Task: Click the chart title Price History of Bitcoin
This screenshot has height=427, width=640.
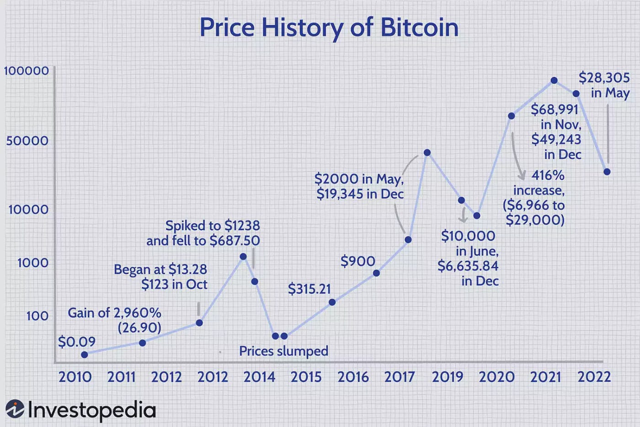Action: coord(329,27)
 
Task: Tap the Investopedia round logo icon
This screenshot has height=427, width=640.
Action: coord(15,409)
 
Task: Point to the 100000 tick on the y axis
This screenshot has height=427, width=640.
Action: coord(27,71)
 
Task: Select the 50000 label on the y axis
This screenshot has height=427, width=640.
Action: coord(27,141)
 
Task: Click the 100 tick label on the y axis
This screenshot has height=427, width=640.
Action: coord(37,316)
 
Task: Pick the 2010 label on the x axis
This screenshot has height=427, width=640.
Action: coord(75,377)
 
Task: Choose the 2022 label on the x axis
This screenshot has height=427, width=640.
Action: coord(594,377)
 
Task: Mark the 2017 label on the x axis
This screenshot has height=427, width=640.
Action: coord(399,377)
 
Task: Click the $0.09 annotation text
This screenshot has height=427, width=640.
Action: coord(77,342)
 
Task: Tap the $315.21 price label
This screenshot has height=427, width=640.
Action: coord(309,289)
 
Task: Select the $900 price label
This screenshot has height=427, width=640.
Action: coord(357,261)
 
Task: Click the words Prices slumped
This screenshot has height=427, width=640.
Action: coord(283,351)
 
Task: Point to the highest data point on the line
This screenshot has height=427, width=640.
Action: coord(554,81)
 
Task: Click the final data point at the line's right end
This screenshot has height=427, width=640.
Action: coord(607,172)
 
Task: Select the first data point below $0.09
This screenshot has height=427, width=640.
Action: coord(85,355)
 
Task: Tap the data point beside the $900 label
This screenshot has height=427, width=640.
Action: coord(376,273)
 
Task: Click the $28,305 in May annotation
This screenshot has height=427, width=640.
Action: coord(604,85)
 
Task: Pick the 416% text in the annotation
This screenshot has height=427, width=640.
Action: coord(548,175)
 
